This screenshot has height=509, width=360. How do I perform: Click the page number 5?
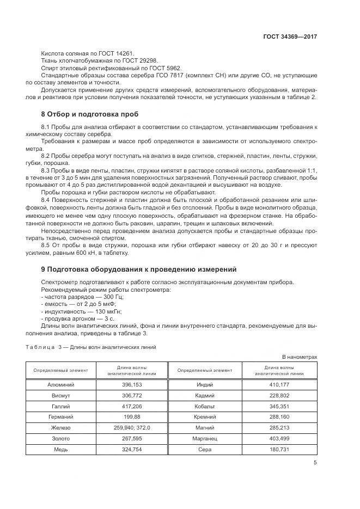pyautogui.click(x=315, y=463)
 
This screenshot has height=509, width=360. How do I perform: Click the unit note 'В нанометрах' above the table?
pyautogui.click(x=299, y=357)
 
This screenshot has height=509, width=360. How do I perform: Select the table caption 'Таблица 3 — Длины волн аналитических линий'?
pyautogui.click(x=91, y=347)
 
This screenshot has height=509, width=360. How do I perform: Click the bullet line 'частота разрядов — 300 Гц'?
pyautogui.click(x=82, y=297)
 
